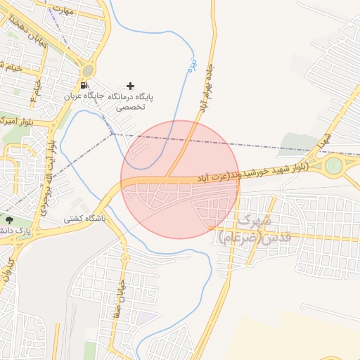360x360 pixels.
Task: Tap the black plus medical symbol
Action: pos(130,85)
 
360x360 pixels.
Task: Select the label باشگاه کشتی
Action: pos(84,219)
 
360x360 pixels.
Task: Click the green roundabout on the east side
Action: pos(334,166)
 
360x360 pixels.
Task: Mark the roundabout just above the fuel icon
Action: pos(87,70)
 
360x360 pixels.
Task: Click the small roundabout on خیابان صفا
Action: pos(125,257)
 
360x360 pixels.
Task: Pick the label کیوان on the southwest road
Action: pos(8,271)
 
